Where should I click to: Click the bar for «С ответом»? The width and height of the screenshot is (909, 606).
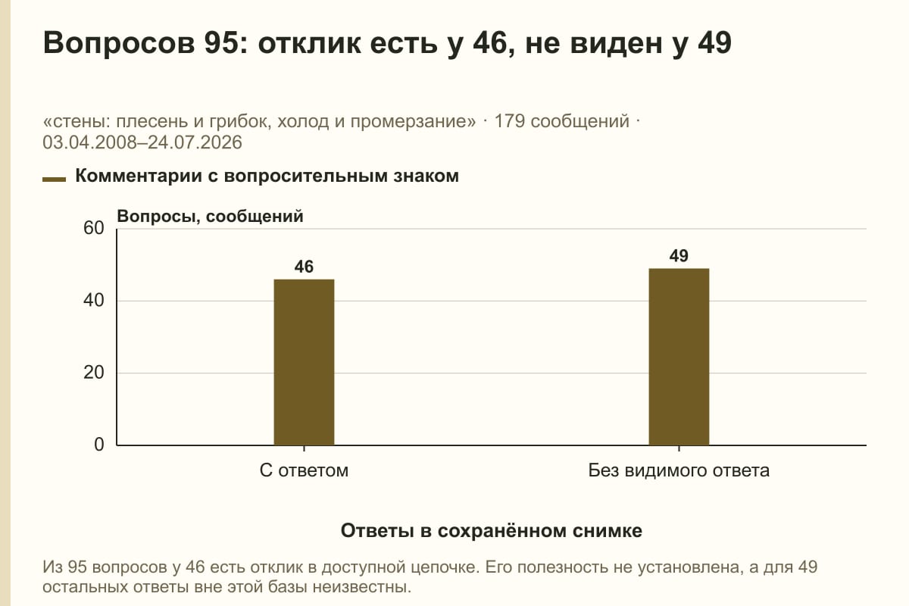(x=304, y=362)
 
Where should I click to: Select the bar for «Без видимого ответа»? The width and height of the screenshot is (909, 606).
(x=679, y=357)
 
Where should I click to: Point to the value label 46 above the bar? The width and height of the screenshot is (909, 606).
(x=304, y=267)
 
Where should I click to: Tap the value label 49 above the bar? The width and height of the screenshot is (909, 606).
(x=679, y=256)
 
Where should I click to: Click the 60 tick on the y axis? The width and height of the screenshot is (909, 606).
(x=94, y=228)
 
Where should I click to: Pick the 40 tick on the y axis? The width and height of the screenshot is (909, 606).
(x=94, y=301)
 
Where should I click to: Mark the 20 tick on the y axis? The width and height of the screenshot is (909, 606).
(x=94, y=373)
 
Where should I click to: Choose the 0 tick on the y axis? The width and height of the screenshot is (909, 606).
(x=99, y=445)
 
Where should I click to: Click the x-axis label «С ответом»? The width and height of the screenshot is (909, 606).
(x=304, y=470)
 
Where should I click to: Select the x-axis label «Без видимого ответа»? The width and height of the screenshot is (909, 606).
(x=679, y=470)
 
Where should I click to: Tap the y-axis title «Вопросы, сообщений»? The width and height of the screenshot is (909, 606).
(x=211, y=217)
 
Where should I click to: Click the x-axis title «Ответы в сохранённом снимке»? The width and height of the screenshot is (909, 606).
(x=492, y=530)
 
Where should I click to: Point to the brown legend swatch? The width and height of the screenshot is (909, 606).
(x=54, y=180)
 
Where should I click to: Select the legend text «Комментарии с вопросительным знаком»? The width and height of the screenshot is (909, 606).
(x=267, y=176)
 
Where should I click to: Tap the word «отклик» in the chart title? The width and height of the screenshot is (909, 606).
(x=309, y=42)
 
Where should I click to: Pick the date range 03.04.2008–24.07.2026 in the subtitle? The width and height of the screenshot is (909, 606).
(x=142, y=142)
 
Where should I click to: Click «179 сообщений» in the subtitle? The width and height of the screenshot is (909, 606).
(x=561, y=121)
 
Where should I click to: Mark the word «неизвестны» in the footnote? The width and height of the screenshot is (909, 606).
(x=361, y=587)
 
